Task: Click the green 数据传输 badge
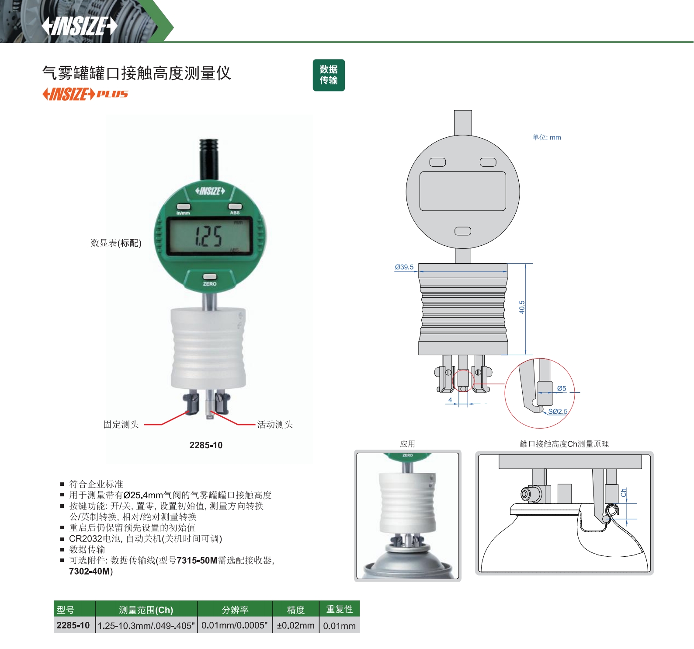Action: [329, 75]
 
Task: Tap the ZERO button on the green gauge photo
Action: [210, 276]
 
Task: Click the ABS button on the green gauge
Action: [235, 206]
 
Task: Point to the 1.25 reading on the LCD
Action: [208, 236]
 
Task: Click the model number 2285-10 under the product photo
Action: [206, 445]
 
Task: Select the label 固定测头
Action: [121, 424]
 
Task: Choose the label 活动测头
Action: [275, 424]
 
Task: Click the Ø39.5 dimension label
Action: [404, 267]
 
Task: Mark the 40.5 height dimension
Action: [522, 307]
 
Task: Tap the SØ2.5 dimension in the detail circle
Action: [558, 412]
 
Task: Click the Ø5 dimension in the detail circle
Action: [562, 388]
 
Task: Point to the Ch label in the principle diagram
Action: [624, 492]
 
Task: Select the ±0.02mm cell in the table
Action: [296, 625]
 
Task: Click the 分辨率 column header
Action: [235, 610]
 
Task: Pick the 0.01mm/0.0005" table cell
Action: [235, 625]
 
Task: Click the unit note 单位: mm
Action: [547, 137]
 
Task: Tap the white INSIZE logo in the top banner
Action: [80, 26]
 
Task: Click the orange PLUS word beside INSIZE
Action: [112, 94]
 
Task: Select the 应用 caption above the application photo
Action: [407, 444]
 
